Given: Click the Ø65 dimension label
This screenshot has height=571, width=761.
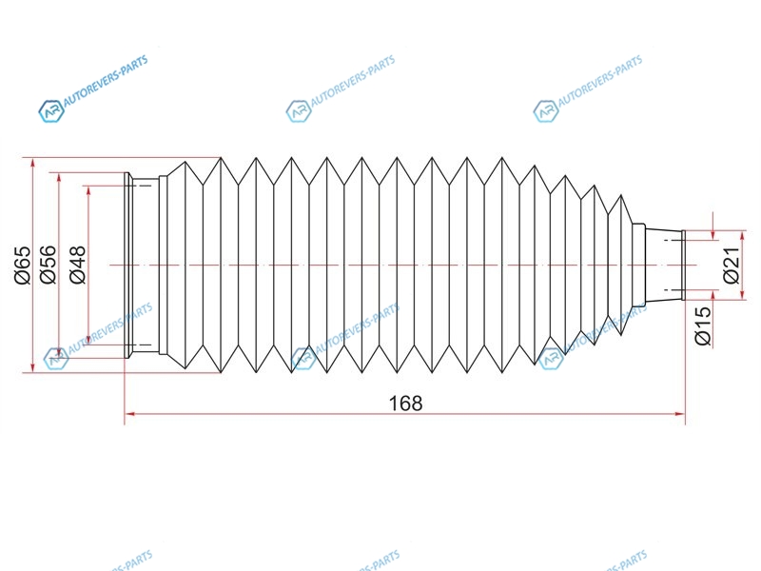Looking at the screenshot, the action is coord(23,266).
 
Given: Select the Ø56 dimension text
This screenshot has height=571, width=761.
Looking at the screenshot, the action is coord(49,265).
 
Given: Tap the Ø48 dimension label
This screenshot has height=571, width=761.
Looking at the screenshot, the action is coord(78,265).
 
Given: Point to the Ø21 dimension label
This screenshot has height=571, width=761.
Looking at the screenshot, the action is coord(731,266).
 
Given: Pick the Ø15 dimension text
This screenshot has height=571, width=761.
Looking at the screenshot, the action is coord(702,325).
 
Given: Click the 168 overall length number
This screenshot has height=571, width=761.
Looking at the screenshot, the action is coord(406,403).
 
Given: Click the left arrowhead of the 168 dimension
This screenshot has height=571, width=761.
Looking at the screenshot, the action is coord(129,414).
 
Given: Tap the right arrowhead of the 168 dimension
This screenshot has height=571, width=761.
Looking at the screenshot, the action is coord(680,414).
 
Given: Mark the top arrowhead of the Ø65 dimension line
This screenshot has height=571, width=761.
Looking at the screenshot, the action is coord(32,163).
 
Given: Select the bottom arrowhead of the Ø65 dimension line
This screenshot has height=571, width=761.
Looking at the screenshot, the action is coord(32,367).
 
